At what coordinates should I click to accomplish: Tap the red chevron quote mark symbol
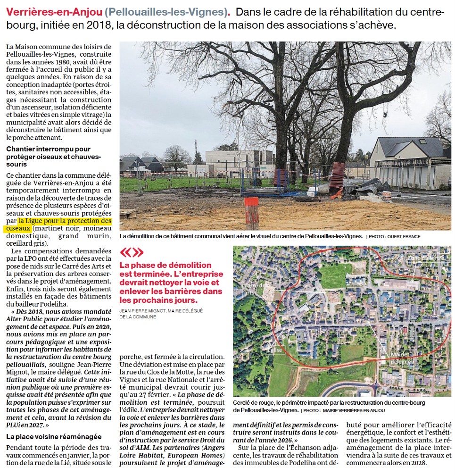tap(132, 253)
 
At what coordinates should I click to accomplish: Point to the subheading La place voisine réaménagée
tap(54, 437)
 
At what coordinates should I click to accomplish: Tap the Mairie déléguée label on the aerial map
tap(402, 358)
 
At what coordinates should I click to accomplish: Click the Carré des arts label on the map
tap(257, 289)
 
